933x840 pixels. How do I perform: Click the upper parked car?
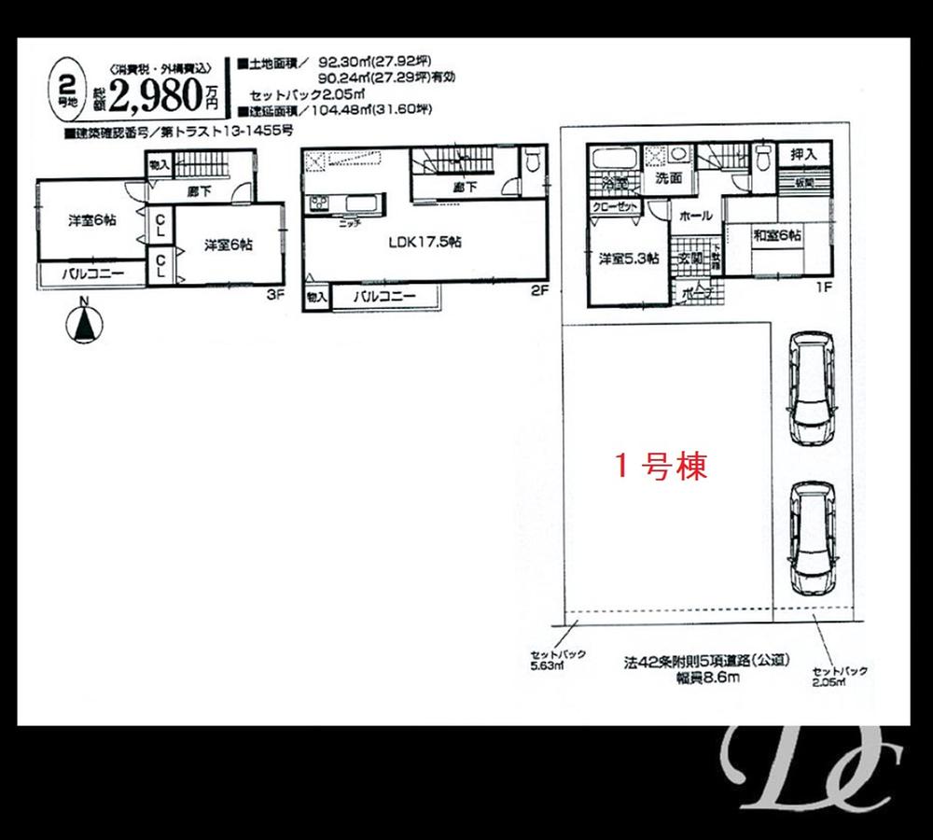(809, 388)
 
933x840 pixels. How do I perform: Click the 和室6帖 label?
(777, 236)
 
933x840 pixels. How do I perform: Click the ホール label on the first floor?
(695, 216)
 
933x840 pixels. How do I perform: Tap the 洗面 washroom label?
(667, 177)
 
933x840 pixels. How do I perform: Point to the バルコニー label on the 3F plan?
(90, 274)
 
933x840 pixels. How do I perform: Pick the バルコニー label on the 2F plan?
(384, 298)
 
